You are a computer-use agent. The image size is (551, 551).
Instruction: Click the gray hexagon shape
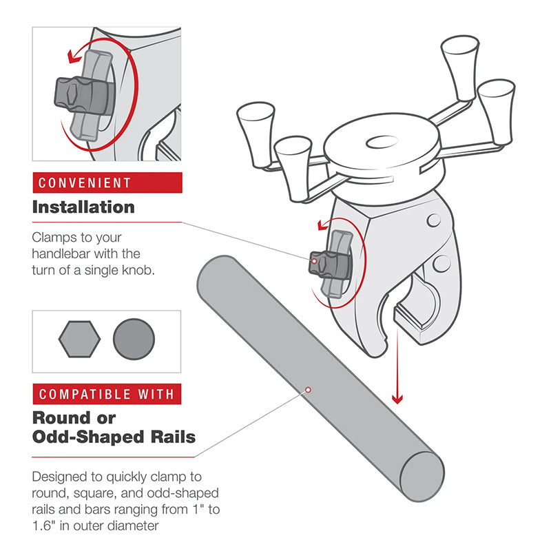pos(79,339)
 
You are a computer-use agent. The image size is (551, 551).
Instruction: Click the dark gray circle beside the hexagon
pos(134,339)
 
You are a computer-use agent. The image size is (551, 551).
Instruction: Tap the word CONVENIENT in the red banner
pos(85,183)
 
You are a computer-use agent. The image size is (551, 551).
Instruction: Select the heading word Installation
pos(83,207)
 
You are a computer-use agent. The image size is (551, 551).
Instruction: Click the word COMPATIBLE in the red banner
pos(84,394)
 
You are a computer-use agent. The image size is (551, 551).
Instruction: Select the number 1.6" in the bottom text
pos(44,526)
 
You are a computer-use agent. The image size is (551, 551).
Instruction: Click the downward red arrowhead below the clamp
pos(397,399)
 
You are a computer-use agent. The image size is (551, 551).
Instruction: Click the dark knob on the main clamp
pos(330,264)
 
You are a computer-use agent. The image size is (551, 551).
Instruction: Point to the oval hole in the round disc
pos(382,143)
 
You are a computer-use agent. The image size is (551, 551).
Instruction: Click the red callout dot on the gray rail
pos(308,390)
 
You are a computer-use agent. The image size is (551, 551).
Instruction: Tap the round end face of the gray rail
pos(422,477)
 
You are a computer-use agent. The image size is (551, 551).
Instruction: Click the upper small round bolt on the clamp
pos(434,220)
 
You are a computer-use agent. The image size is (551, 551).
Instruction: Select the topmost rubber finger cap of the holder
pos(460,67)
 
